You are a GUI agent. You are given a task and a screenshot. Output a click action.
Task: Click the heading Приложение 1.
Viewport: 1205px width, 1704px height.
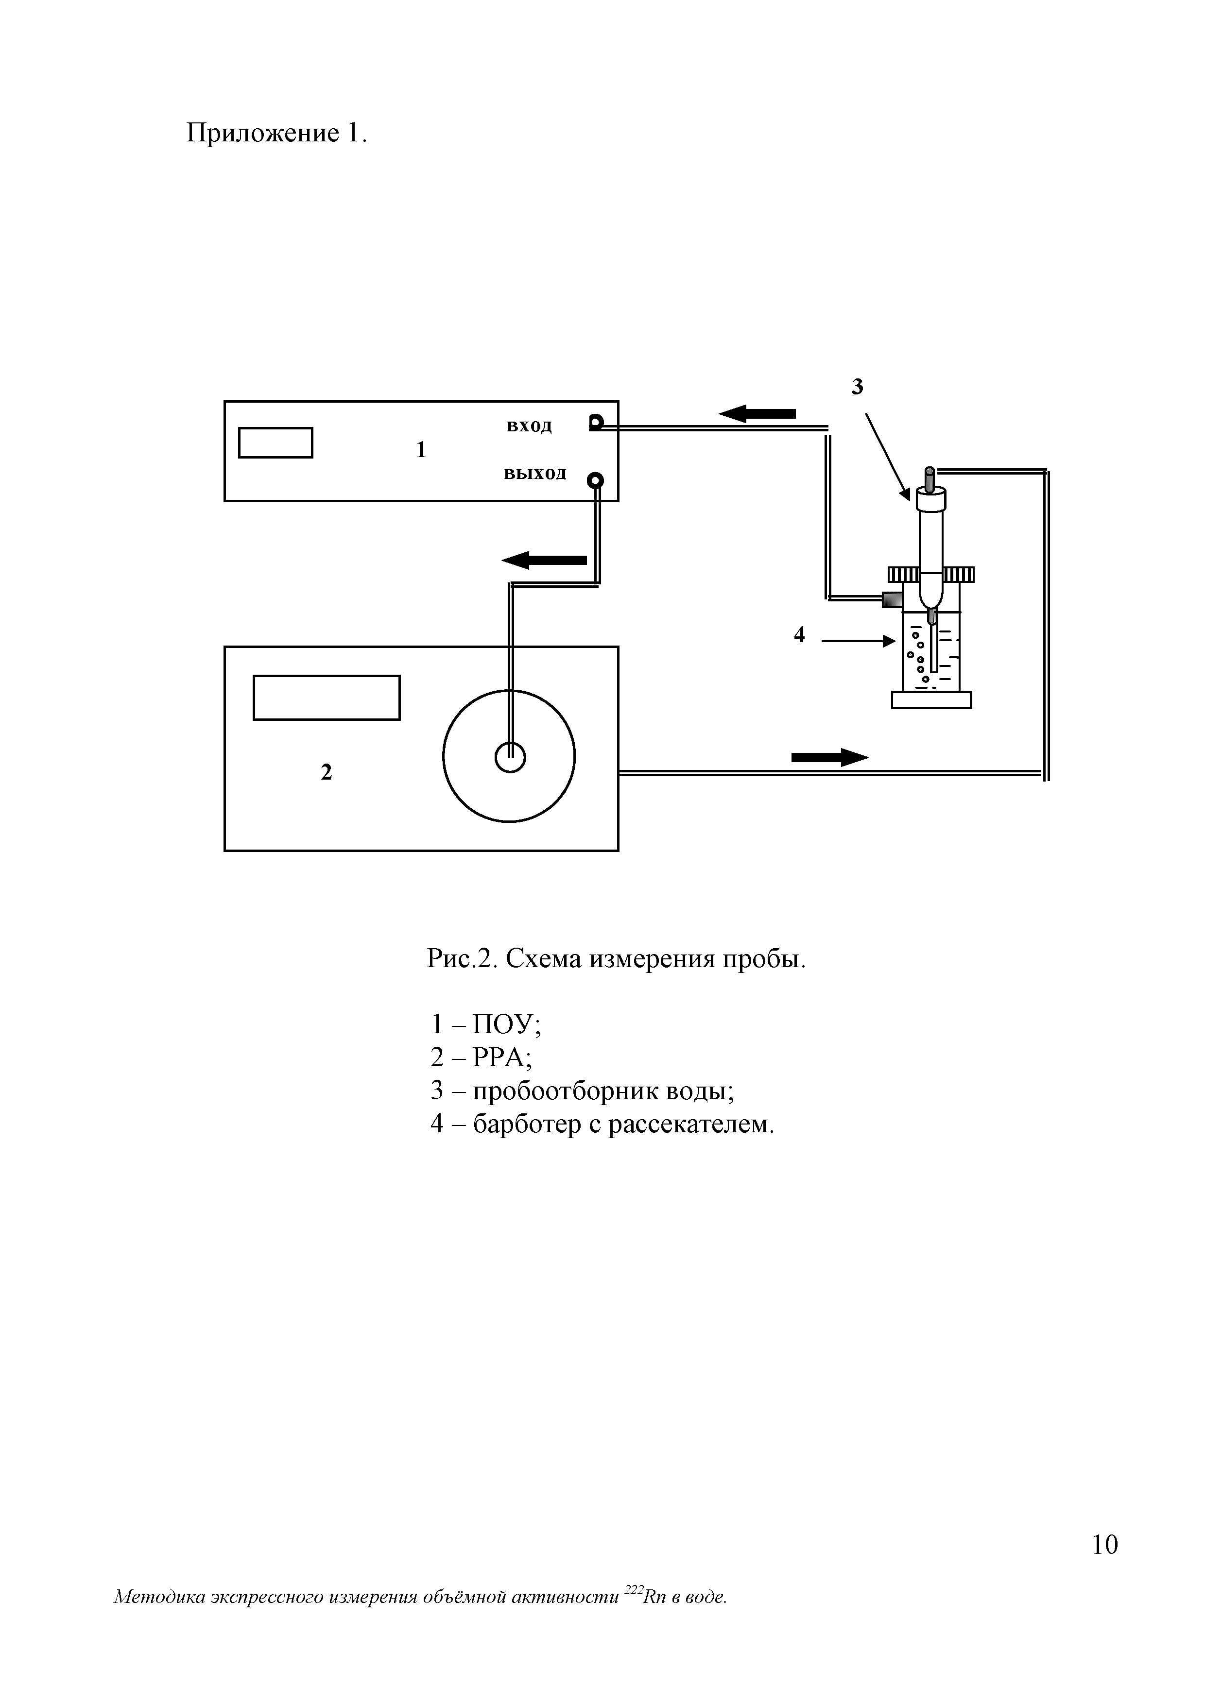pos(276,134)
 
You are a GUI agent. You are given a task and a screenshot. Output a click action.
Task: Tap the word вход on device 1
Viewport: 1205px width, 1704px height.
pos(529,426)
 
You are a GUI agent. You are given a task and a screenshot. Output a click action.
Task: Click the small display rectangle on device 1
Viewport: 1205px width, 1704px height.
pos(275,443)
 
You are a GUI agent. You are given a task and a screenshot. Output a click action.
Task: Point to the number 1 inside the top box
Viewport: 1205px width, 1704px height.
pos(421,450)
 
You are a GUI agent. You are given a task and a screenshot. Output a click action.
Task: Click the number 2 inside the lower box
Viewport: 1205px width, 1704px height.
pos(326,773)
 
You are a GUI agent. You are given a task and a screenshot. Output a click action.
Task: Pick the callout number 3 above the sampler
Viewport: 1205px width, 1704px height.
pos(858,387)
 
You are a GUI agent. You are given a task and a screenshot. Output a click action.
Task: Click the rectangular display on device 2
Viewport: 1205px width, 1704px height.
pos(327,698)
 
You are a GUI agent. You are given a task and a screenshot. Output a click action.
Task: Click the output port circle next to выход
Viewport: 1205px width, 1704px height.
pos(595,481)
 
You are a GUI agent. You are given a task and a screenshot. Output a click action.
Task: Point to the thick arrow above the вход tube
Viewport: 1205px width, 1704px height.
pos(757,413)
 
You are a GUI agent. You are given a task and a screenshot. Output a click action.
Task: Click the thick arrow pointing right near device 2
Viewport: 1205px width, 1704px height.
pos(829,757)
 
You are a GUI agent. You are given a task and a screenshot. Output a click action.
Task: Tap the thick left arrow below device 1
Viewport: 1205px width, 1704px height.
pos(544,561)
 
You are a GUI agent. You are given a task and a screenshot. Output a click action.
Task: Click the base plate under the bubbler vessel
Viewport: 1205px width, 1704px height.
pos(931,700)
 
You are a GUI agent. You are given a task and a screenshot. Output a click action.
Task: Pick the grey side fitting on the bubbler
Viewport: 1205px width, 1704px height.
pos(892,599)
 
